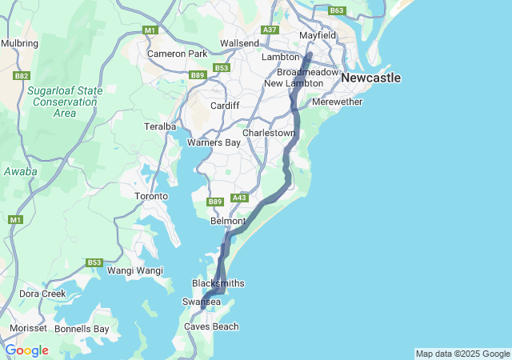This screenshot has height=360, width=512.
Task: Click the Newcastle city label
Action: (x=370, y=78)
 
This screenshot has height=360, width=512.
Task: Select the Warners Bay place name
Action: (x=214, y=143)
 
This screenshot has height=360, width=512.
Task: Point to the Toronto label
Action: (x=151, y=196)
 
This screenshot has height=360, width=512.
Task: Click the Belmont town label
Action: (x=226, y=221)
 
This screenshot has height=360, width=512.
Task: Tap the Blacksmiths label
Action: (x=218, y=284)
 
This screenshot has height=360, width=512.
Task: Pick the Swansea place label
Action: (x=202, y=302)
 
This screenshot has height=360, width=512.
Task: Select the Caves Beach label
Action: (x=211, y=326)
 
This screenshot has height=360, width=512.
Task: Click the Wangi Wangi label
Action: (x=135, y=270)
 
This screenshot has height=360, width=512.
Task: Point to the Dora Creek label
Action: (x=42, y=294)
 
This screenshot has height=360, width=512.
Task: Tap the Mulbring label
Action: (x=19, y=43)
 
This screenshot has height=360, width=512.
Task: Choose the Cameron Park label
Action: (x=177, y=54)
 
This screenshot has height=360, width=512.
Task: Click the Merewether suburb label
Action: (x=338, y=102)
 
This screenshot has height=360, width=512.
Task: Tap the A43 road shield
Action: (x=239, y=198)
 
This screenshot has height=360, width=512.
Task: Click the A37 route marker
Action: (x=270, y=30)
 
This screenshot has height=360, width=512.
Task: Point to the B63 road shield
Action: (x=337, y=10)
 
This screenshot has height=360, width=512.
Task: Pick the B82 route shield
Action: (x=22, y=76)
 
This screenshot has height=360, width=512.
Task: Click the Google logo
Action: (x=26, y=350)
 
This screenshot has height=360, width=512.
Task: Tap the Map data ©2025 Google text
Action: (x=462, y=354)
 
